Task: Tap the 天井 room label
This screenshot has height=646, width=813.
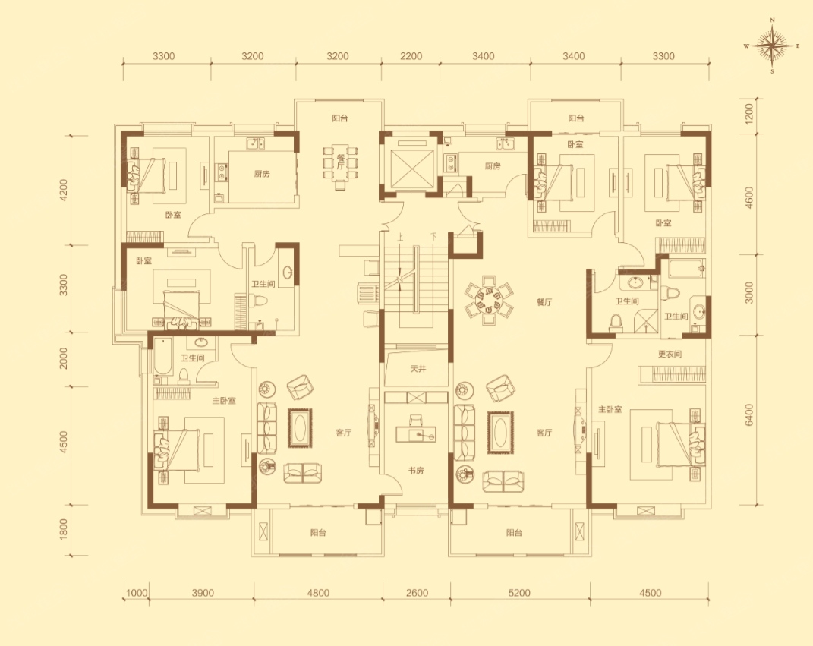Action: coord(418,369)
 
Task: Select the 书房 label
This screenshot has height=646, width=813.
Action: coord(416,471)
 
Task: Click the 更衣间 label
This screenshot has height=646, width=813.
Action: coord(670,355)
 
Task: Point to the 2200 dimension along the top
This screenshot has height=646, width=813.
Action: coord(411,56)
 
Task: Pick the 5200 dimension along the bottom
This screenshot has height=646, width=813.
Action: coord(519,593)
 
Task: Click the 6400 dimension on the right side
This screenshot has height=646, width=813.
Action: coord(748,414)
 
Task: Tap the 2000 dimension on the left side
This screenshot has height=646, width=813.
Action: coord(63,358)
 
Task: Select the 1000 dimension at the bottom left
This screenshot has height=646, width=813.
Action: coord(137,593)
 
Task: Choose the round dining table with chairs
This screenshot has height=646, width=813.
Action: coord(489,300)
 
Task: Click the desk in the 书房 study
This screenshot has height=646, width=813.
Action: coord(416,433)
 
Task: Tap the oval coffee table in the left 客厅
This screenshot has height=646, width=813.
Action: coord(300,428)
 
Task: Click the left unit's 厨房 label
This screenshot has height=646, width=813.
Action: coord(262,174)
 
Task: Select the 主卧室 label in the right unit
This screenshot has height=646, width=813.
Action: coord(610,410)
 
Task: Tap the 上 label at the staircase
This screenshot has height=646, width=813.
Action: coord(400,238)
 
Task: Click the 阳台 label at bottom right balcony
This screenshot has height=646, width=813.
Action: coord(515,532)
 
